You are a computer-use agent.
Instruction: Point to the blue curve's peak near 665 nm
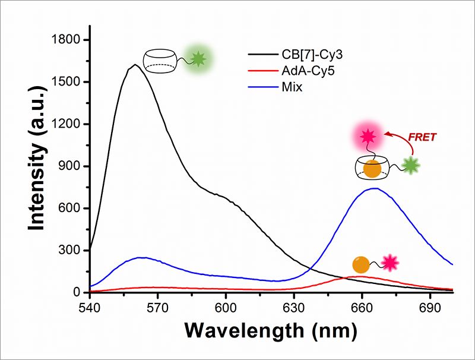coord(375,189)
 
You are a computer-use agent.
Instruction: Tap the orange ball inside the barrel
coord(372,169)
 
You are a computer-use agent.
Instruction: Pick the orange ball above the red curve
coord(360,264)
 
